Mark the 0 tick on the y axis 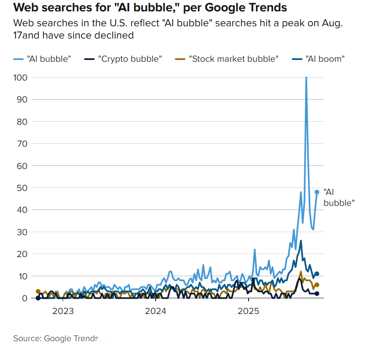(x=25, y=298)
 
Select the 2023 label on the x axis (x=63, y=311)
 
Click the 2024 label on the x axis (x=156, y=311)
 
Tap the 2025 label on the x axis (x=249, y=311)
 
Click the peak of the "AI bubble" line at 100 (x=306, y=78)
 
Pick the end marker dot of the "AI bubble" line (x=317, y=192)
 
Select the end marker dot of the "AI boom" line (x=317, y=274)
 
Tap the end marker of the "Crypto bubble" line (x=317, y=294)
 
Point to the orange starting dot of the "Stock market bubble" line (x=38, y=291)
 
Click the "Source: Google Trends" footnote (x=56, y=339)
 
